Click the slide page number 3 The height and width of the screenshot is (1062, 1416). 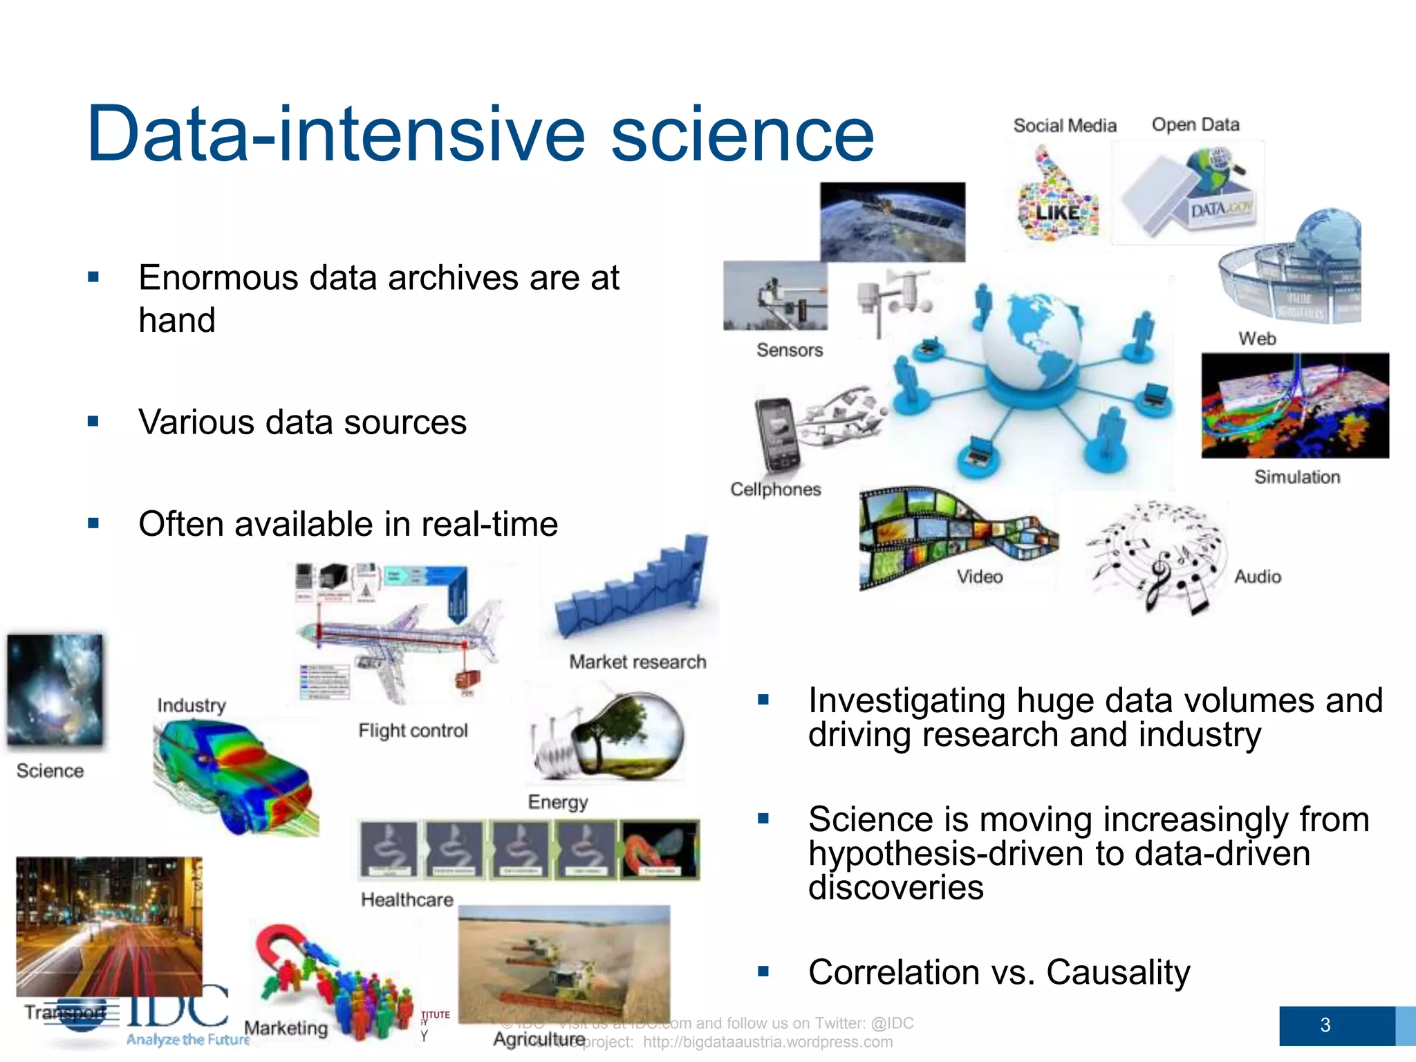coord(1325,1025)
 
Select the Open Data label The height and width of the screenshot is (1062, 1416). coord(1195,125)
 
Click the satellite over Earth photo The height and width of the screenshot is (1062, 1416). coord(892,221)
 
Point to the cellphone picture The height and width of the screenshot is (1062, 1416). coord(778,434)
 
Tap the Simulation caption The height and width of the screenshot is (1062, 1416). coord(1296,477)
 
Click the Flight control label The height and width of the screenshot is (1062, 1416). coord(413,731)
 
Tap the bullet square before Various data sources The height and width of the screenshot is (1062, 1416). coord(93,422)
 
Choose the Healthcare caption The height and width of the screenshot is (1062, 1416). coord(407,900)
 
